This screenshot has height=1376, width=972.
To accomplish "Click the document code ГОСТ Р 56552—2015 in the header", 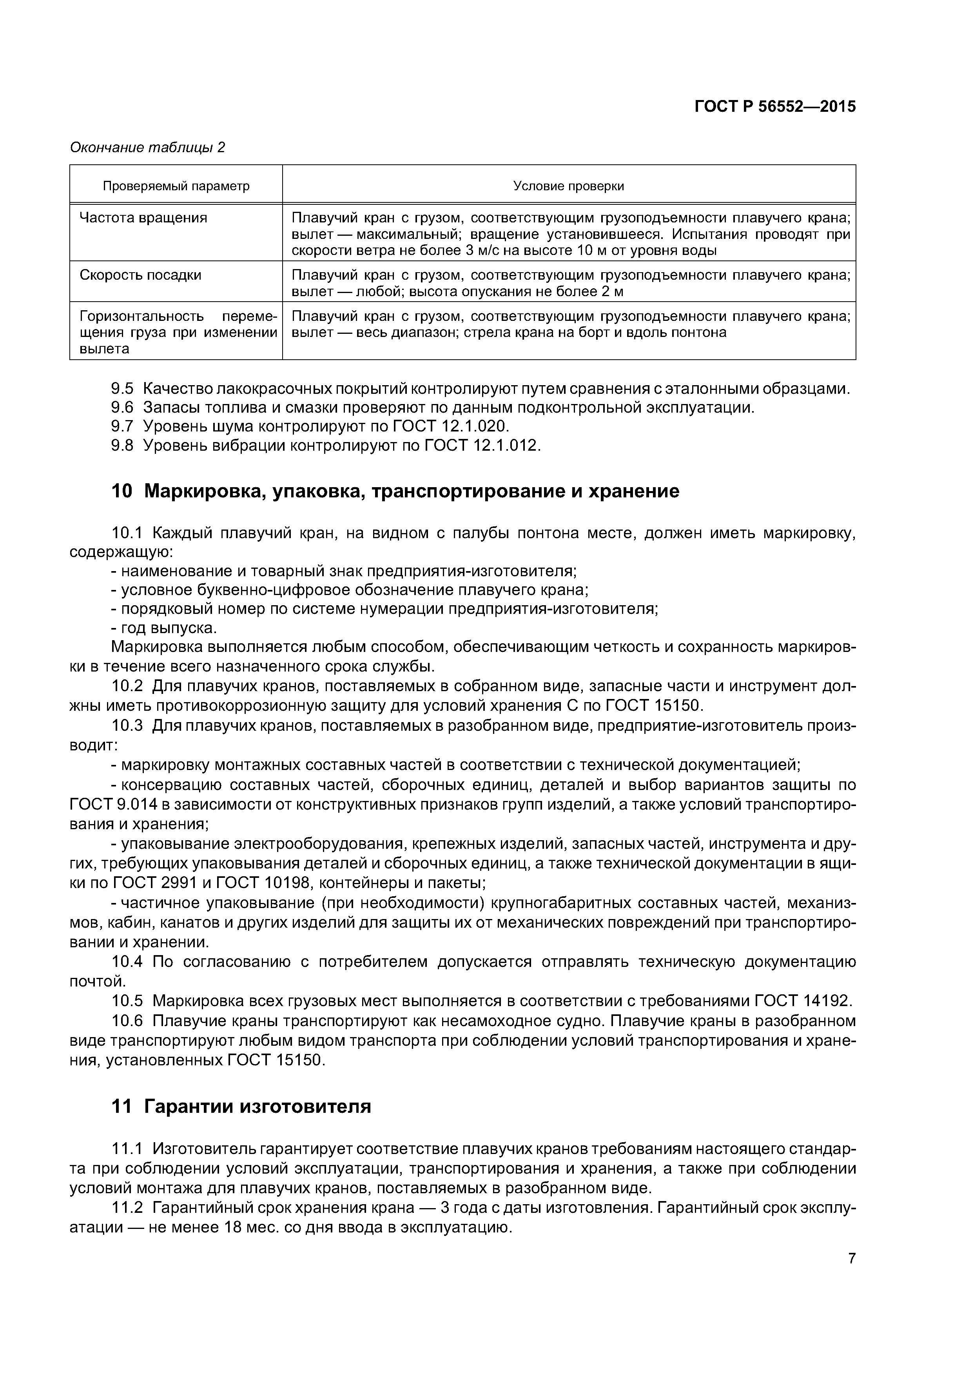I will click(x=774, y=107).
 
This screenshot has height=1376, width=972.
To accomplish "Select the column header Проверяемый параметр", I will click(x=176, y=186).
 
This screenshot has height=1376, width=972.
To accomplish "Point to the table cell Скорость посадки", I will click(x=140, y=275).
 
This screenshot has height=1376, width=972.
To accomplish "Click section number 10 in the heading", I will click(x=121, y=491).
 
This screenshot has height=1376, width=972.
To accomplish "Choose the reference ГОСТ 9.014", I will click(x=113, y=804).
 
